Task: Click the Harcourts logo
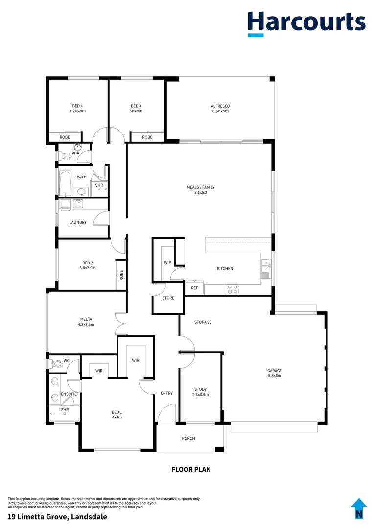tap(306, 22)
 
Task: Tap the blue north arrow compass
tap(359, 508)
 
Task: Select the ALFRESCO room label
tap(220, 106)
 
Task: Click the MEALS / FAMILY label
tap(201, 187)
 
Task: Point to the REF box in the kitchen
tap(194, 288)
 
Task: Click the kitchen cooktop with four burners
tap(233, 289)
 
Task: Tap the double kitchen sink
tap(265, 268)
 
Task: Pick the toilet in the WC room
tap(56, 363)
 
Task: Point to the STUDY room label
tap(200, 389)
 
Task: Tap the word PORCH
tap(188, 438)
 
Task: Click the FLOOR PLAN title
tap(191, 469)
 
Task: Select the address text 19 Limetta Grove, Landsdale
tap(57, 516)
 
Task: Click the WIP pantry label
tap(167, 263)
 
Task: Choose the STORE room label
tap(168, 298)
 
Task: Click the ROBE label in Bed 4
tap(65, 137)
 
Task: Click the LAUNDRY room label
tap(77, 222)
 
